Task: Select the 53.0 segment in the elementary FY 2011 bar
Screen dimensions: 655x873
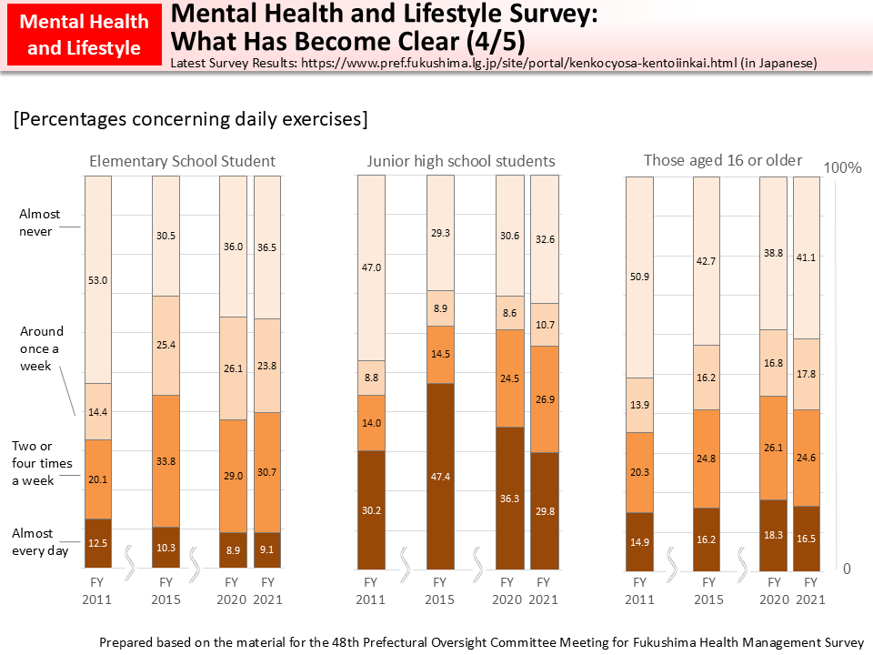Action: tap(97, 280)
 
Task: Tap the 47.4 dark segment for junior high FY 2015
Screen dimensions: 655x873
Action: tap(439, 476)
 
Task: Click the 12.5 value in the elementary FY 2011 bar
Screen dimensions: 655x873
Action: tap(97, 543)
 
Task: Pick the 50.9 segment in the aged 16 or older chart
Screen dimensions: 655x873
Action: tap(639, 277)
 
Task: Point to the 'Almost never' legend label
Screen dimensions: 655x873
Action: tap(40, 223)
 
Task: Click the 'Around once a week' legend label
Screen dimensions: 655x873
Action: tap(42, 348)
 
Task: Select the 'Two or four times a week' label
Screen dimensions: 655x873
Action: tap(42, 463)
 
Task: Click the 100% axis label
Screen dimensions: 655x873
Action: tap(842, 168)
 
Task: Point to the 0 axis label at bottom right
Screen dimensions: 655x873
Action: tap(847, 569)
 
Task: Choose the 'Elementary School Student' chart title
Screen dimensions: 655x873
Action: tap(182, 161)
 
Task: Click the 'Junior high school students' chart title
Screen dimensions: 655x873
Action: tap(461, 161)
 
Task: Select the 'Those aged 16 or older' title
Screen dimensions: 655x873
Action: tap(723, 160)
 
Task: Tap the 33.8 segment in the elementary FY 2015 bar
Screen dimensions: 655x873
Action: tap(166, 461)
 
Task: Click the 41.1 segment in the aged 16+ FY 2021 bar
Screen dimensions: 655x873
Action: tap(807, 257)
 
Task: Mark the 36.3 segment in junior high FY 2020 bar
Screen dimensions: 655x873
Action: tap(508, 498)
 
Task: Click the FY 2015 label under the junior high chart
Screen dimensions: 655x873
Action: tap(439, 590)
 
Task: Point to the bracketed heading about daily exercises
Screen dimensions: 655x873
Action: tap(190, 119)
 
